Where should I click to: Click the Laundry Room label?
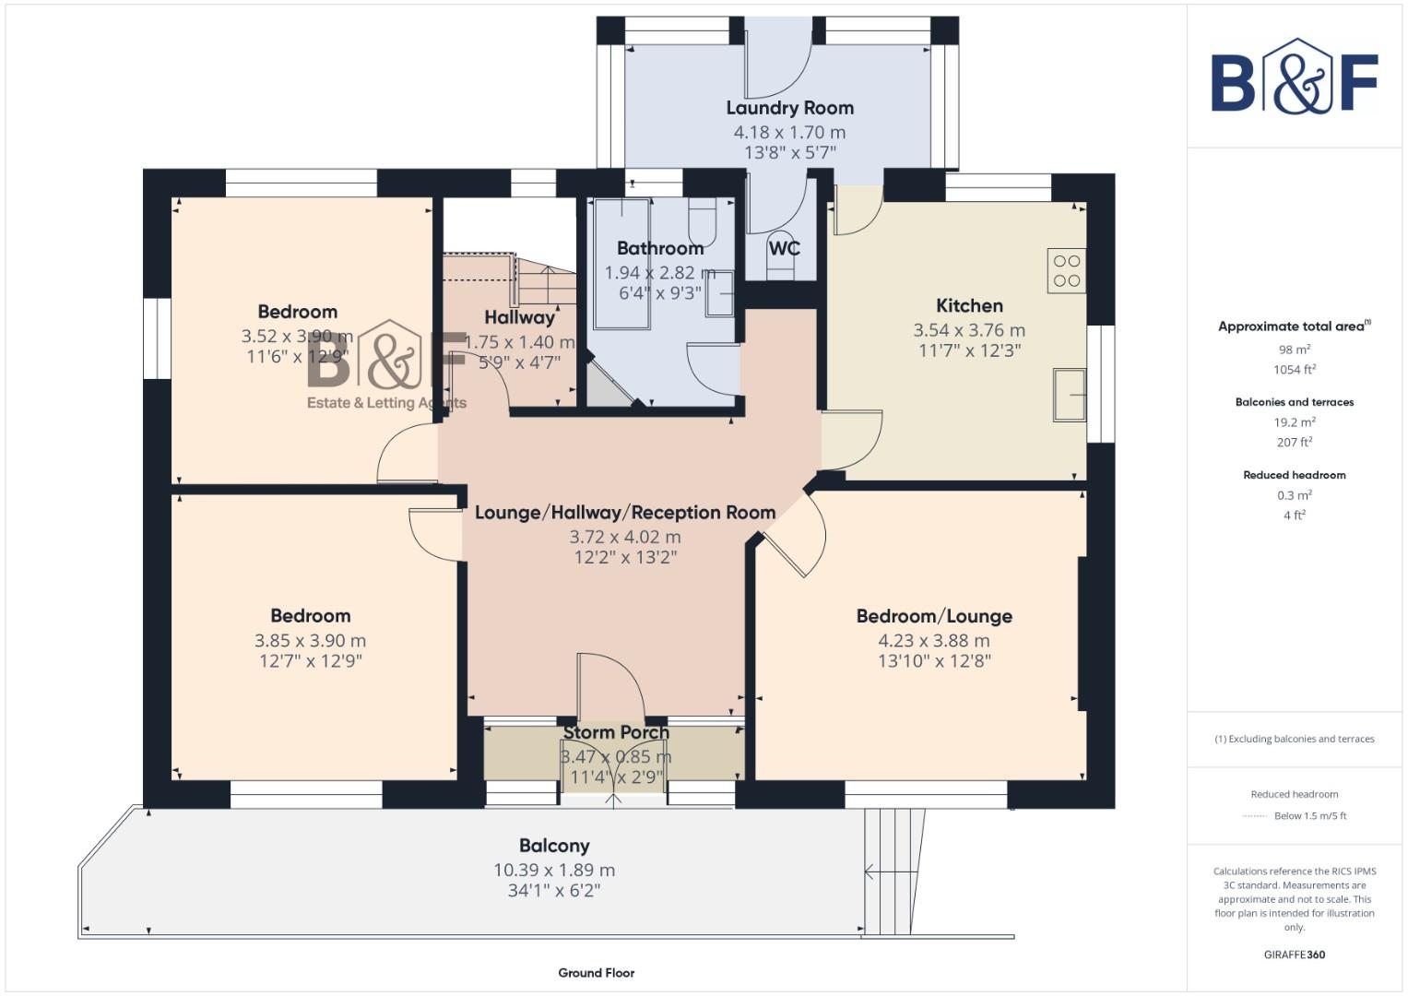(789, 108)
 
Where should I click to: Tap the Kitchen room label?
(969, 305)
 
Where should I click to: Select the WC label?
(784, 248)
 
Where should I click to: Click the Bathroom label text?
(660, 248)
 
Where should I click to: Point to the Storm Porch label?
(616, 732)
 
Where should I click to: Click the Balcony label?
(554, 846)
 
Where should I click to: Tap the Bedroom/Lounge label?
(934, 616)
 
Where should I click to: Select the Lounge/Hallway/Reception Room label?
(624, 513)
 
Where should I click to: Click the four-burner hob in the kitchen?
(1066, 270)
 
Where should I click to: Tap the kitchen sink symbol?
(1070, 394)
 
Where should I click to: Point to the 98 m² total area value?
(1294, 350)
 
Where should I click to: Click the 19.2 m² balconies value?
(1294, 422)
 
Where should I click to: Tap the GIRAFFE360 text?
(1294, 954)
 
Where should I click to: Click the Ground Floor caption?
(596, 972)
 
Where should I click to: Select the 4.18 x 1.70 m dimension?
(789, 132)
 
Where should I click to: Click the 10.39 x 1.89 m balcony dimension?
(554, 870)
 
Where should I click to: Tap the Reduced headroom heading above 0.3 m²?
(1294, 475)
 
